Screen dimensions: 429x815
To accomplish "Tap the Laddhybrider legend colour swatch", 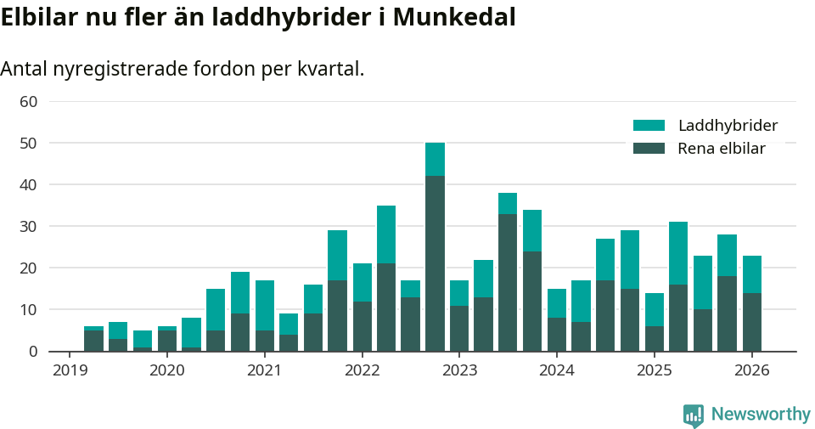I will coord(649,126).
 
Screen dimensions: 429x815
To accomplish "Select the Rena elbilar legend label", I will coord(722,149).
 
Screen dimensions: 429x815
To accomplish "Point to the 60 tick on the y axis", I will coord(28,102).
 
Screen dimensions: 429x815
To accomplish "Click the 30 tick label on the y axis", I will coord(28,227).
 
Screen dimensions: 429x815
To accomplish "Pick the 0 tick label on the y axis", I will coord(33,352).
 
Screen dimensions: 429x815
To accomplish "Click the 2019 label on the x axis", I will coord(70,370).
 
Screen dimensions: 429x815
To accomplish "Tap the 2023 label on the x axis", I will coord(459,370).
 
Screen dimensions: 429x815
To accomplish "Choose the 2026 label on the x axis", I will coord(751,370).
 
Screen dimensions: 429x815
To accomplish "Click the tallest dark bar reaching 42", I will coord(435,263).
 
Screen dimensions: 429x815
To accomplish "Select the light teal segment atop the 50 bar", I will coord(435,159).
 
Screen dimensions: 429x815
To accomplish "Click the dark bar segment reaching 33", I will coord(508,282).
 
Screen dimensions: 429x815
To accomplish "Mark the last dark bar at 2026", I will coord(751,322).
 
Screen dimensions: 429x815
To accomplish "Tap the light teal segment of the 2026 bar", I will coord(751,274).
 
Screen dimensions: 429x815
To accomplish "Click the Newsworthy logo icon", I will coord(693,415).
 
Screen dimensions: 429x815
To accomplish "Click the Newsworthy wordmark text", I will coord(761,415).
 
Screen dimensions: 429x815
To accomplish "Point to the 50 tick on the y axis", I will coord(28,144).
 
